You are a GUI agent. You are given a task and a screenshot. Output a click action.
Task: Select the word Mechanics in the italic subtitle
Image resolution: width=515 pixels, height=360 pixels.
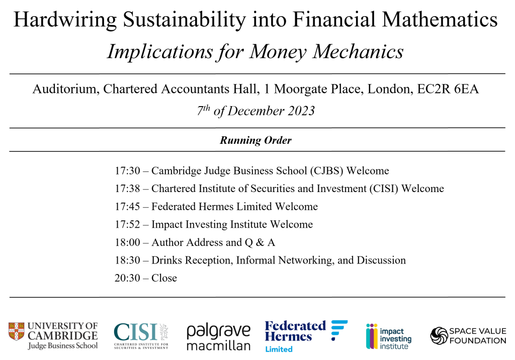click(358, 52)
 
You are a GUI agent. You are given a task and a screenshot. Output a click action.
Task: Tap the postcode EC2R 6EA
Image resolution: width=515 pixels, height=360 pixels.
click(448, 89)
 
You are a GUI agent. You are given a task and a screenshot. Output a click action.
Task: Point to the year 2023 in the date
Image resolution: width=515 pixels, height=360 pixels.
click(301, 111)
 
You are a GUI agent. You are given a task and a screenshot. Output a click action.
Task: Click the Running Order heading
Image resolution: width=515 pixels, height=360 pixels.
click(255, 140)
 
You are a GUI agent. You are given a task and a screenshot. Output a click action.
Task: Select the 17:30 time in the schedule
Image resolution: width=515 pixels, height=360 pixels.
click(127, 171)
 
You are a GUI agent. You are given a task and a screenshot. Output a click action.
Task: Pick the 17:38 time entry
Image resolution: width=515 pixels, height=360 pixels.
click(127, 189)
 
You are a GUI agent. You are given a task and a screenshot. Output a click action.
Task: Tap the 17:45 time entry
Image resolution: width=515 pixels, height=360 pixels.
click(127, 207)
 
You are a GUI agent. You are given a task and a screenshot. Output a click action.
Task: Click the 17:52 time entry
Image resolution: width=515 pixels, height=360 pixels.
click(127, 224)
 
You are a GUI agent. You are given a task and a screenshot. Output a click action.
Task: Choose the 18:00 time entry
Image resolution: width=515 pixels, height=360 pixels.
click(127, 242)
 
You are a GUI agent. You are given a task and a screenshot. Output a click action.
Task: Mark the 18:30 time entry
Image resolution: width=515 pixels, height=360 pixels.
click(127, 260)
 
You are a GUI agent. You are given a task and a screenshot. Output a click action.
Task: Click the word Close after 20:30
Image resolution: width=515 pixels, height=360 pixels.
click(164, 278)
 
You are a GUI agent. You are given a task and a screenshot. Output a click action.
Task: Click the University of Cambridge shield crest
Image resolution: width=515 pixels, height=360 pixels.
click(17, 331)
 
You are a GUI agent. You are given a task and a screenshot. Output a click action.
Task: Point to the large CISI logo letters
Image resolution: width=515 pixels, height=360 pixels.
click(135, 332)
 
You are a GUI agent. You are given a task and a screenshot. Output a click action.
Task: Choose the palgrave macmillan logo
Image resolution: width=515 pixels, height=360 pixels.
click(219, 337)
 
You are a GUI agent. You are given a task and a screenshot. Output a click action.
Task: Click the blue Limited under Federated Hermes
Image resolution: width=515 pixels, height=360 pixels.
click(279, 349)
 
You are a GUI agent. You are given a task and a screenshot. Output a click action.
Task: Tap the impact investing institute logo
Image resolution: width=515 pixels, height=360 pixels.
click(389, 336)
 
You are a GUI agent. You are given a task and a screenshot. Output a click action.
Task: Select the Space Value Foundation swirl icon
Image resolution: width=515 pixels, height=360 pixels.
click(439, 336)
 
